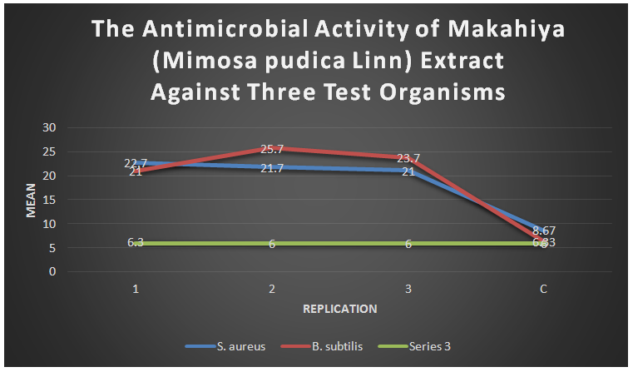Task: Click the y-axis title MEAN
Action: pos(31,201)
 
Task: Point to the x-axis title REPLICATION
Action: pos(339,309)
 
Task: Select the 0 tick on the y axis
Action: pos(52,271)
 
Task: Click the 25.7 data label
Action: pos(272,150)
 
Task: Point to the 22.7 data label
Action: pos(136,163)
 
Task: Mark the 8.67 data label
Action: pos(544,230)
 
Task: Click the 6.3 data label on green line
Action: pos(136,242)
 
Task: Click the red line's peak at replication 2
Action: pos(272,148)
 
